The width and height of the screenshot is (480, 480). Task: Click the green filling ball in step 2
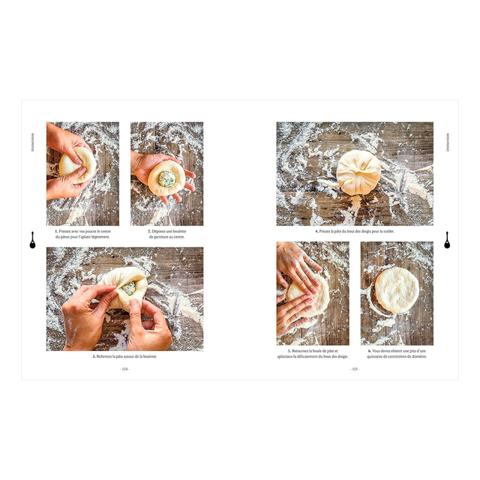[166, 178]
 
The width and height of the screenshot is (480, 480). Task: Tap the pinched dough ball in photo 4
[358, 173]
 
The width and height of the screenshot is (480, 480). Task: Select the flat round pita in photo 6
[397, 290]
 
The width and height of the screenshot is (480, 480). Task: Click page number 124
[125, 369]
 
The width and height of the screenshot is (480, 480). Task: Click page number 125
[354, 369]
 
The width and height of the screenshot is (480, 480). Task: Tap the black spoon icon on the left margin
[32, 240]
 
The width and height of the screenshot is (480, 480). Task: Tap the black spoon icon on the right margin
[447, 240]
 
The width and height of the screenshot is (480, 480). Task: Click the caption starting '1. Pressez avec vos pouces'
[82, 234]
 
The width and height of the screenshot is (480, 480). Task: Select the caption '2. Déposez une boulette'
[166, 234]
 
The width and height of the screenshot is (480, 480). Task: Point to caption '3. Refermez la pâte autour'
[124, 356]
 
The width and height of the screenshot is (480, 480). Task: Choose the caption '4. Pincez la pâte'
[354, 231]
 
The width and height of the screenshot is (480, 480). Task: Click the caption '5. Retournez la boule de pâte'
[312, 354]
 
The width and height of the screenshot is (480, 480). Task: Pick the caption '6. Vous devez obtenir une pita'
[397, 354]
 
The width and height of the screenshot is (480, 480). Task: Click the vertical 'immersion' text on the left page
[32, 142]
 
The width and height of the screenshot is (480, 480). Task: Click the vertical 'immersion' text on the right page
[447, 142]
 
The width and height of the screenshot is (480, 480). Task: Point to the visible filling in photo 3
[129, 288]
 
